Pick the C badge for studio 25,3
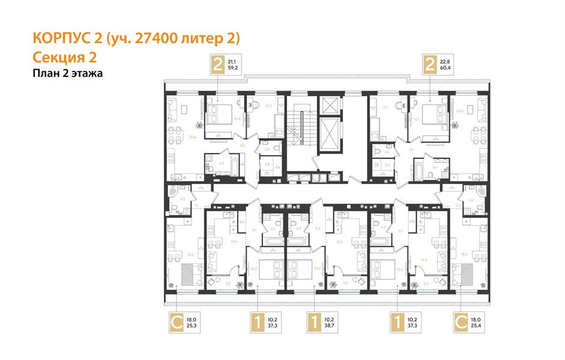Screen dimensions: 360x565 click(x=177, y=323)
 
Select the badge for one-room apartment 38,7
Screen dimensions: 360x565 click(x=313, y=323)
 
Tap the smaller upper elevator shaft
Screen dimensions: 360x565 click(x=331, y=106)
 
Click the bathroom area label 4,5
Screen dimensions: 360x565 click(x=222, y=162)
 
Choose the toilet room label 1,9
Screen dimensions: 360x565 click(x=378, y=152)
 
